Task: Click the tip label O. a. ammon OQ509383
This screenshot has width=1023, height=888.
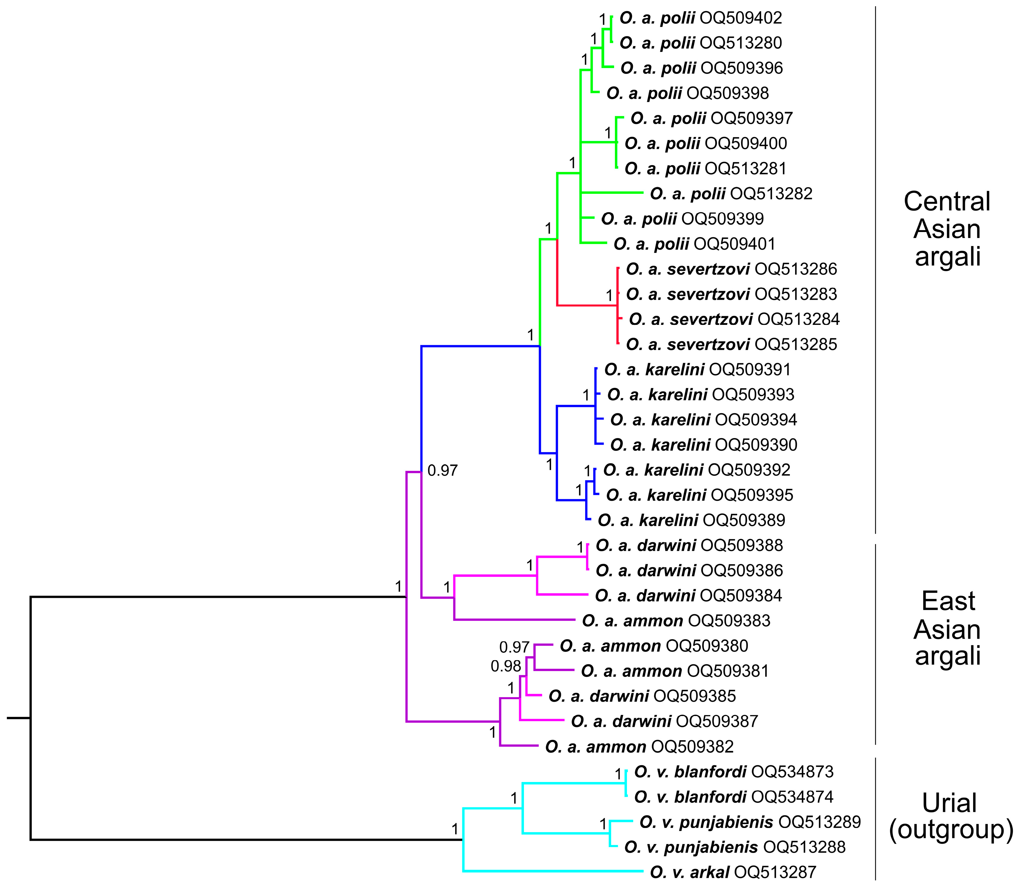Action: click(676, 620)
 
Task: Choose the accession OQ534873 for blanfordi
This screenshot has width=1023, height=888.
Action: click(792, 772)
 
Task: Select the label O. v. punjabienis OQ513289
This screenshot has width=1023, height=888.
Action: click(750, 822)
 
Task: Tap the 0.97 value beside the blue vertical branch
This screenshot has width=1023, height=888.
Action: click(442, 470)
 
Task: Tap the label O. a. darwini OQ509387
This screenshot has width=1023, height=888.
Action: click(664, 721)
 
